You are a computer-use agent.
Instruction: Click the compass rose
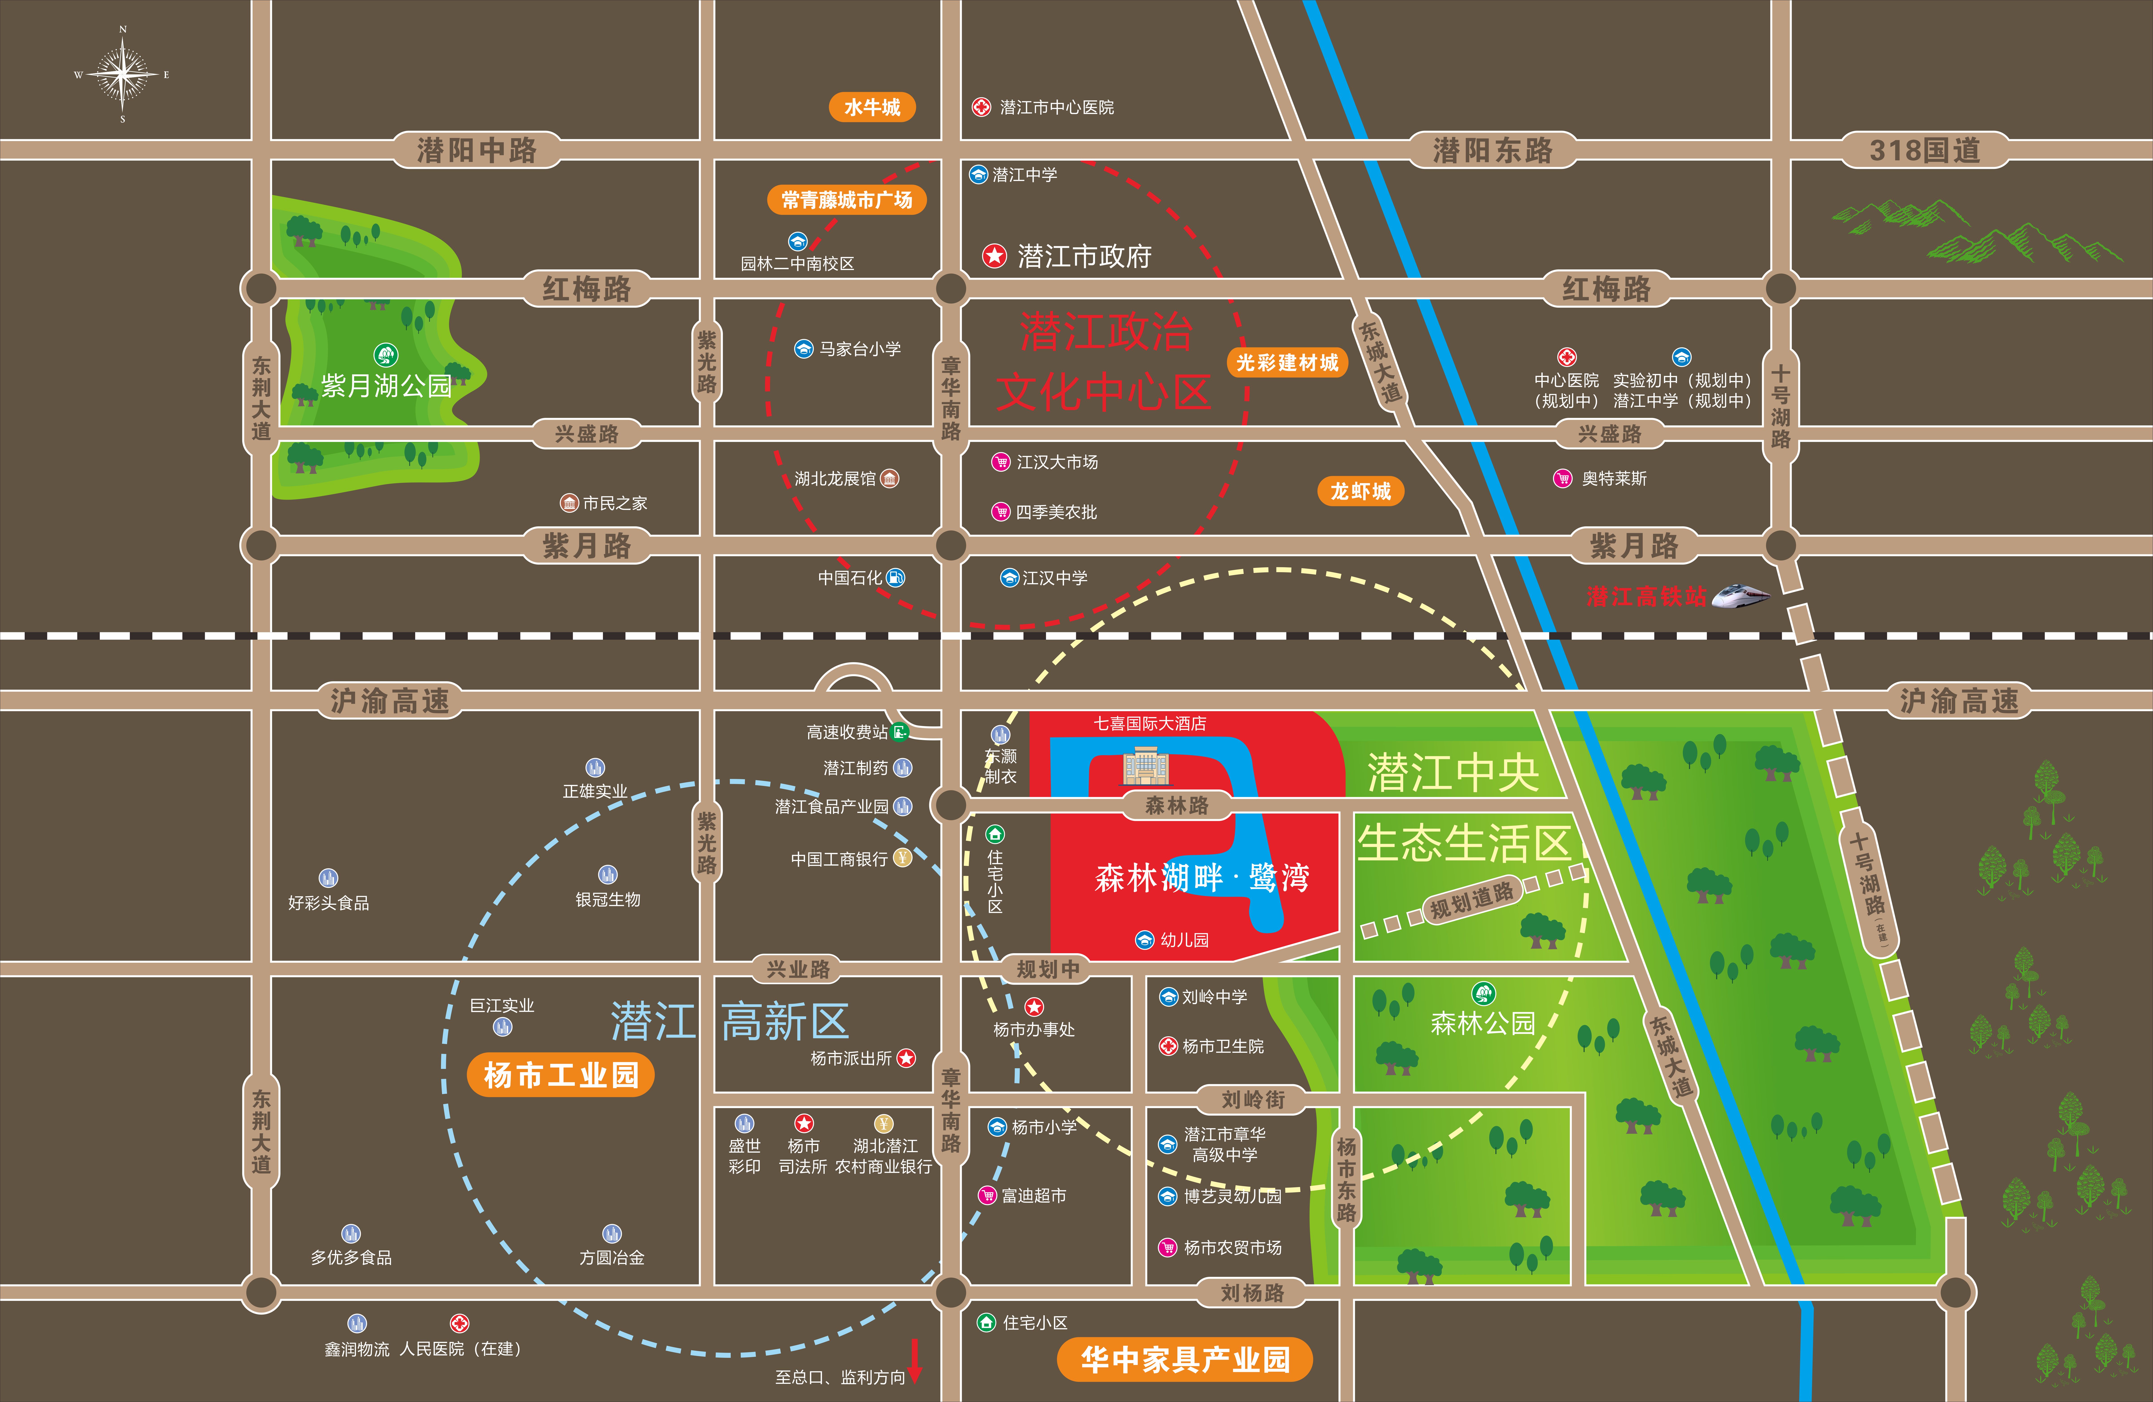122,74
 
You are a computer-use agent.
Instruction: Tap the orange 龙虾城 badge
1360,491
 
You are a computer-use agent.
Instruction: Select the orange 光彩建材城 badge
1286,363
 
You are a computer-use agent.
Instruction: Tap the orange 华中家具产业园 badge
1185,1358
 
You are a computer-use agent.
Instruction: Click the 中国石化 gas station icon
896,577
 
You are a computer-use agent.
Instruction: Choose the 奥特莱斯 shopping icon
1562,478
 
